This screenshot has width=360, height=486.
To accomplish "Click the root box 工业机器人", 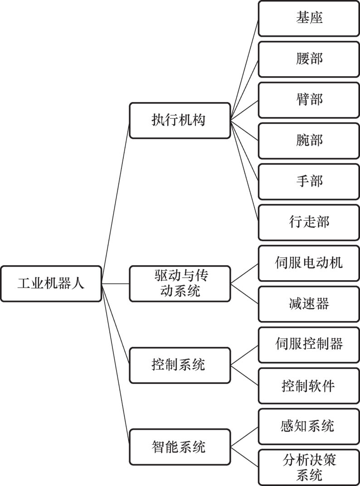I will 51,284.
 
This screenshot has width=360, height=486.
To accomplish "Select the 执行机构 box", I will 180,121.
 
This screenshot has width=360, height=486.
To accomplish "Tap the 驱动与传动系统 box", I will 180,284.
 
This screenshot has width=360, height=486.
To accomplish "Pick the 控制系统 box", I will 180,365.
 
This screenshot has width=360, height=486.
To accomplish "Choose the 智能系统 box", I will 180,447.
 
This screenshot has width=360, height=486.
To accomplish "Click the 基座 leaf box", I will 309,19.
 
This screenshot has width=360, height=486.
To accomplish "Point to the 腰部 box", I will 309,59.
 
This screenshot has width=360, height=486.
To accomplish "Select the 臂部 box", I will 309,100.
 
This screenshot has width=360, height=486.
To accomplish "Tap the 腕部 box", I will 309,141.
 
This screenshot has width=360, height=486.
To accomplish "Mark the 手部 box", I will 309,181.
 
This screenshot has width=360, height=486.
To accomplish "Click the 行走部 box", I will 309,222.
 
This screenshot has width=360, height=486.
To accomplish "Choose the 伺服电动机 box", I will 309,263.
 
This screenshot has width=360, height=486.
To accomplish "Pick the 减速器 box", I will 309,304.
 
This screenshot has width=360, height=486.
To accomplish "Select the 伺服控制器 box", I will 309,345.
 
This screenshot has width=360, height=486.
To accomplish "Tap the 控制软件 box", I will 309,385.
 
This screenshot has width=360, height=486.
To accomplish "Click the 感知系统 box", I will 309,426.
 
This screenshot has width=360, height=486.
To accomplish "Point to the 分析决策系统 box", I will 309,467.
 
